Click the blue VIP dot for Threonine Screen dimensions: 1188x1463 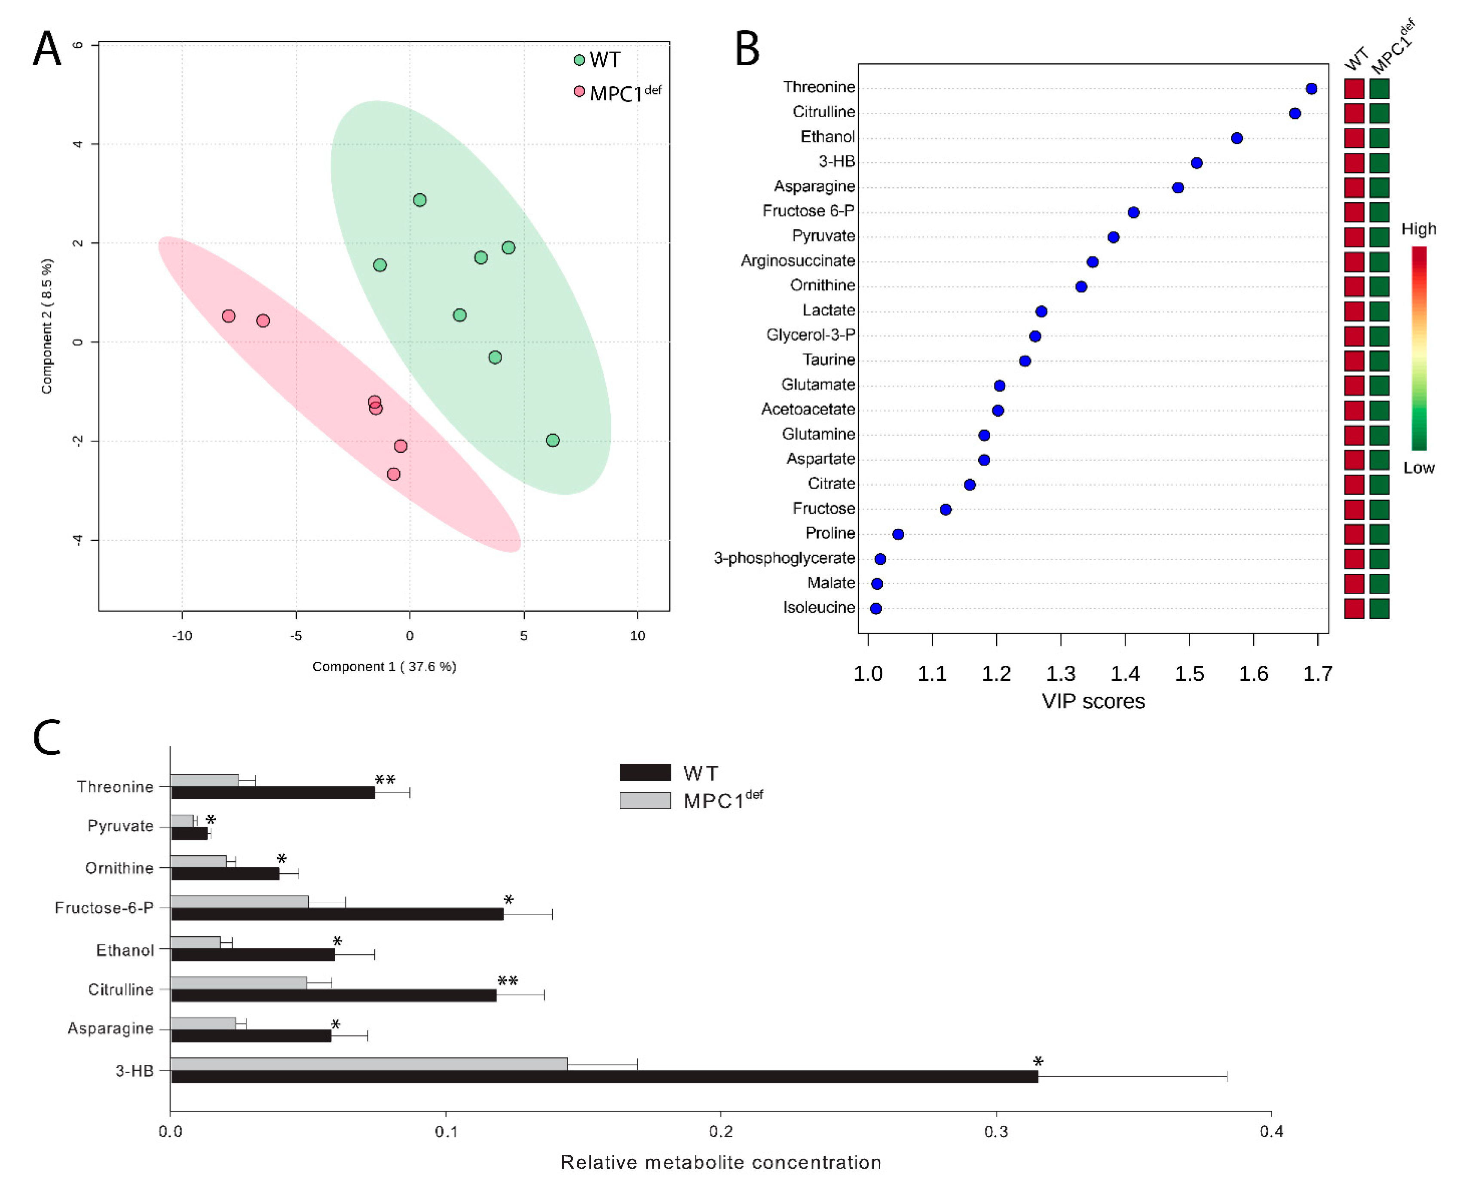click(x=1311, y=89)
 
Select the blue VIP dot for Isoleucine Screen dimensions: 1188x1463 click(x=875, y=608)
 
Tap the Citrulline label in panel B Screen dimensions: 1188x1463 click(x=823, y=112)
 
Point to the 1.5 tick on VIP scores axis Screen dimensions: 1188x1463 click(x=1189, y=674)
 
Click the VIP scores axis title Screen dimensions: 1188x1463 click(x=1093, y=701)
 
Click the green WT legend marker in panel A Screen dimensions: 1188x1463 click(x=579, y=60)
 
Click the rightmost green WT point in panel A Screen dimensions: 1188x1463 click(x=552, y=440)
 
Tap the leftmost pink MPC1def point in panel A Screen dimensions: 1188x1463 click(x=229, y=316)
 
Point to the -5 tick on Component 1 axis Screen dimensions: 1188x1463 click(x=296, y=636)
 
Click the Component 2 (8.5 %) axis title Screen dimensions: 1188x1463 click(x=46, y=326)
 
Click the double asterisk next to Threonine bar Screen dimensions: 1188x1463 click(x=385, y=780)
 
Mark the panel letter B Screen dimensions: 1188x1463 click(x=747, y=49)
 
